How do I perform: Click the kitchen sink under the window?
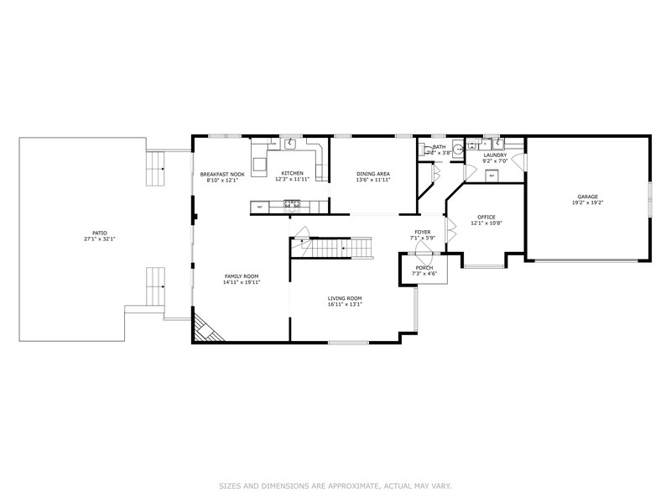point(292,144)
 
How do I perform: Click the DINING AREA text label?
point(373,174)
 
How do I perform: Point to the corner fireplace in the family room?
point(201,328)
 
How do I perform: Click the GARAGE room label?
point(586,197)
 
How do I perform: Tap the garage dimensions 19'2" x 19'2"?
point(586,202)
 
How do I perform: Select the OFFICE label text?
point(486,218)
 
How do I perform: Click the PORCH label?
point(424,268)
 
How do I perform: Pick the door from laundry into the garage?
point(520,161)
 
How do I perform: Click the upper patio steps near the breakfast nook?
point(156,169)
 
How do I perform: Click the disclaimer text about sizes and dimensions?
point(335,486)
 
